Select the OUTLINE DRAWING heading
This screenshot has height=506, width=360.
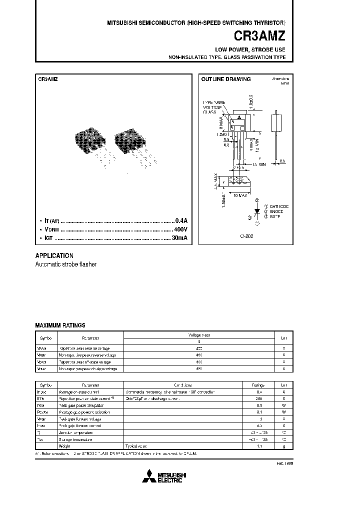225,79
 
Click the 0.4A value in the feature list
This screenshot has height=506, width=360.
180,220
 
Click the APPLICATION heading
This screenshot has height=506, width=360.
54,255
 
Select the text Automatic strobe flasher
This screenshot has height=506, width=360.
65,264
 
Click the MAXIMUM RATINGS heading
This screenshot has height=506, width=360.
60,325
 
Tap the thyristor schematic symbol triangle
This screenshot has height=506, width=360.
257,211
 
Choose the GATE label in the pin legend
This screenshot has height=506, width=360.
275,217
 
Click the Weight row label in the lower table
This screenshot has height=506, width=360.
65,446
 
